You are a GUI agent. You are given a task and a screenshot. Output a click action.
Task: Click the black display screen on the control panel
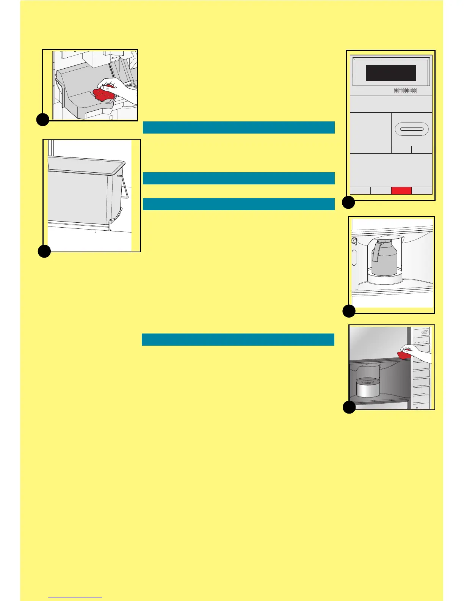coord(391,73)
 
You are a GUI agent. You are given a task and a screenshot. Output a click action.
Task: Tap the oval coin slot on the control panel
coord(411,129)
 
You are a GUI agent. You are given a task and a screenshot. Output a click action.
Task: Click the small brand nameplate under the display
coord(405,91)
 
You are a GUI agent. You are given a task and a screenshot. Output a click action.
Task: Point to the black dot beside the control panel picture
coord(348,203)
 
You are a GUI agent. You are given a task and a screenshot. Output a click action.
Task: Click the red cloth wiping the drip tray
coord(103,94)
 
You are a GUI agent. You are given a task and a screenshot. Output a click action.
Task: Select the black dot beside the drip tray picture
coord(43,120)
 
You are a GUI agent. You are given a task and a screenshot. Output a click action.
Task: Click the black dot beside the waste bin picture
coord(44,251)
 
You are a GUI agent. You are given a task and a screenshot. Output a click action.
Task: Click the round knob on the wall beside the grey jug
coord(354,241)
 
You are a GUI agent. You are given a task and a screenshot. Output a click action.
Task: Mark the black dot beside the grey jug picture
coord(349,311)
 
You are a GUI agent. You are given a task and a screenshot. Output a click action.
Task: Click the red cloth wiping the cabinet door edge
coord(404,355)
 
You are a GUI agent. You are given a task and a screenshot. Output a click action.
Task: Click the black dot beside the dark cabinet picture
coord(349,407)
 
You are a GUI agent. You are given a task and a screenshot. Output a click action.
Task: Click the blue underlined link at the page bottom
coord(75,597)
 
